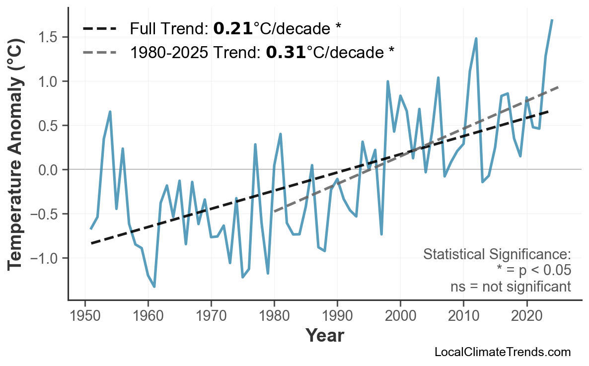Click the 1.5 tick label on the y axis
[x=47, y=37]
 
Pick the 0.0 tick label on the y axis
[x=47, y=170]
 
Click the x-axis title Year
[x=324, y=336]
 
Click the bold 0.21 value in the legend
[x=233, y=29]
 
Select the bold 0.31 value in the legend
[x=286, y=52]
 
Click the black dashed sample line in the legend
[x=100, y=29]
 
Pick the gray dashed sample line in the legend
[x=100, y=52]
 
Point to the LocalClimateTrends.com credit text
[x=502, y=352]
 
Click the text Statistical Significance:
[x=497, y=255]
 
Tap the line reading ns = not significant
[x=510, y=287]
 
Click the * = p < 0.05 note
[x=533, y=271]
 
